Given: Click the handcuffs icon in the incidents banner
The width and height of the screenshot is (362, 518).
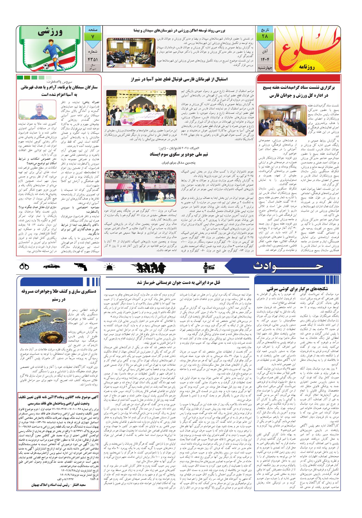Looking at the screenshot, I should (x=24, y=266).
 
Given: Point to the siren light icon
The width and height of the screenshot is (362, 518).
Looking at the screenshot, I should (x=110, y=266).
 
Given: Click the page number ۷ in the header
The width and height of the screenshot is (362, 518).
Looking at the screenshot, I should (x=92, y=36).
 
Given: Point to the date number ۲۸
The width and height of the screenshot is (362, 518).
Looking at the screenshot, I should (x=264, y=36).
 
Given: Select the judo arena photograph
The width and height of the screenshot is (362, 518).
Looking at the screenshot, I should (x=140, y=189).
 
